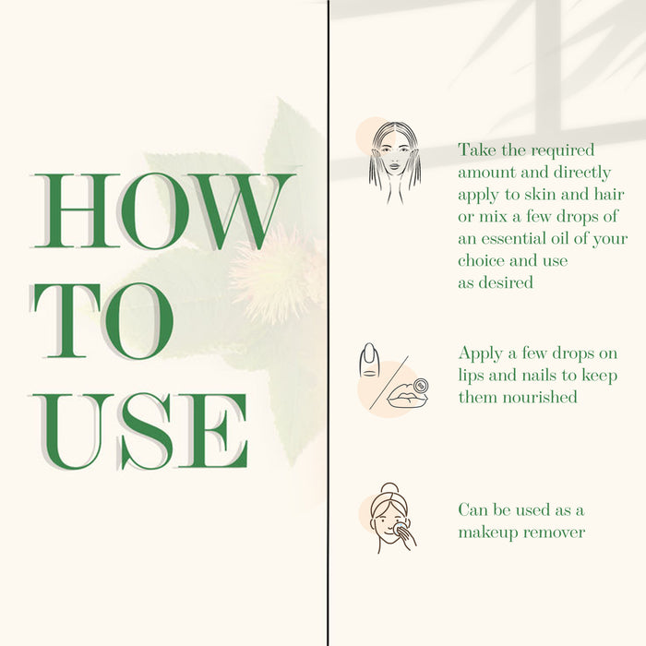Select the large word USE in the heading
pos(139,431)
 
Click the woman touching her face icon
pos(395,162)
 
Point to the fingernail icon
pos(369,360)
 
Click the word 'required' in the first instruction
pos(562,150)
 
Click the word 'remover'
pos(554,532)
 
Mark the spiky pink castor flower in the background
pos(276,274)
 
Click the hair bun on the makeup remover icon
pos(389,488)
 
